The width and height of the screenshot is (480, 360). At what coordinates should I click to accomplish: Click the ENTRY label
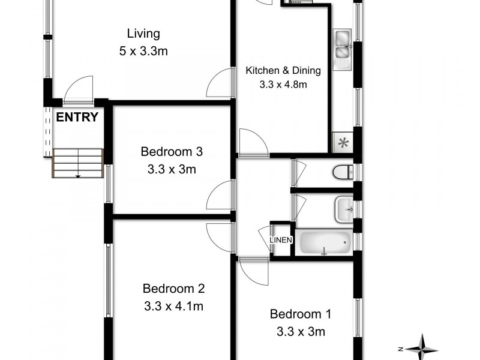(77, 117)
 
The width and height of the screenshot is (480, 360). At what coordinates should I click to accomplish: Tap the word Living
(143, 33)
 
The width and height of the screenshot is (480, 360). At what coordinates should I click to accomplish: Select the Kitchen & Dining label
(283, 70)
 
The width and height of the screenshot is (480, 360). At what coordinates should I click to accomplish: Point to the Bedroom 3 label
(172, 151)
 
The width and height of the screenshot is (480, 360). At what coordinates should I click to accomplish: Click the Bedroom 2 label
(173, 289)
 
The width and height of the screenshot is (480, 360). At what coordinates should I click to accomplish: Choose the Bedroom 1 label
(300, 313)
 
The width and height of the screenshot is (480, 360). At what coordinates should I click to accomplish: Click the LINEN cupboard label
(281, 240)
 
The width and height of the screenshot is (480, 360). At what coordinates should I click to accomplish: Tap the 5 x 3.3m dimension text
(143, 52)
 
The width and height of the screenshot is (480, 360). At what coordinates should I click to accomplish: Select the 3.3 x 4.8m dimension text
(283, 85)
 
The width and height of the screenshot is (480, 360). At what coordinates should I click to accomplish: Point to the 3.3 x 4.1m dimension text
(173, 307)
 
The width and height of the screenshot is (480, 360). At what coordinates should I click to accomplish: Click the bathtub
(325, 244)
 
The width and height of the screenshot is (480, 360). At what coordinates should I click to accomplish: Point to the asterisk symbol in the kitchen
(343, 143)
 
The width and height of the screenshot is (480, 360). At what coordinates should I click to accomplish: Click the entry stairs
(78, 163)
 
